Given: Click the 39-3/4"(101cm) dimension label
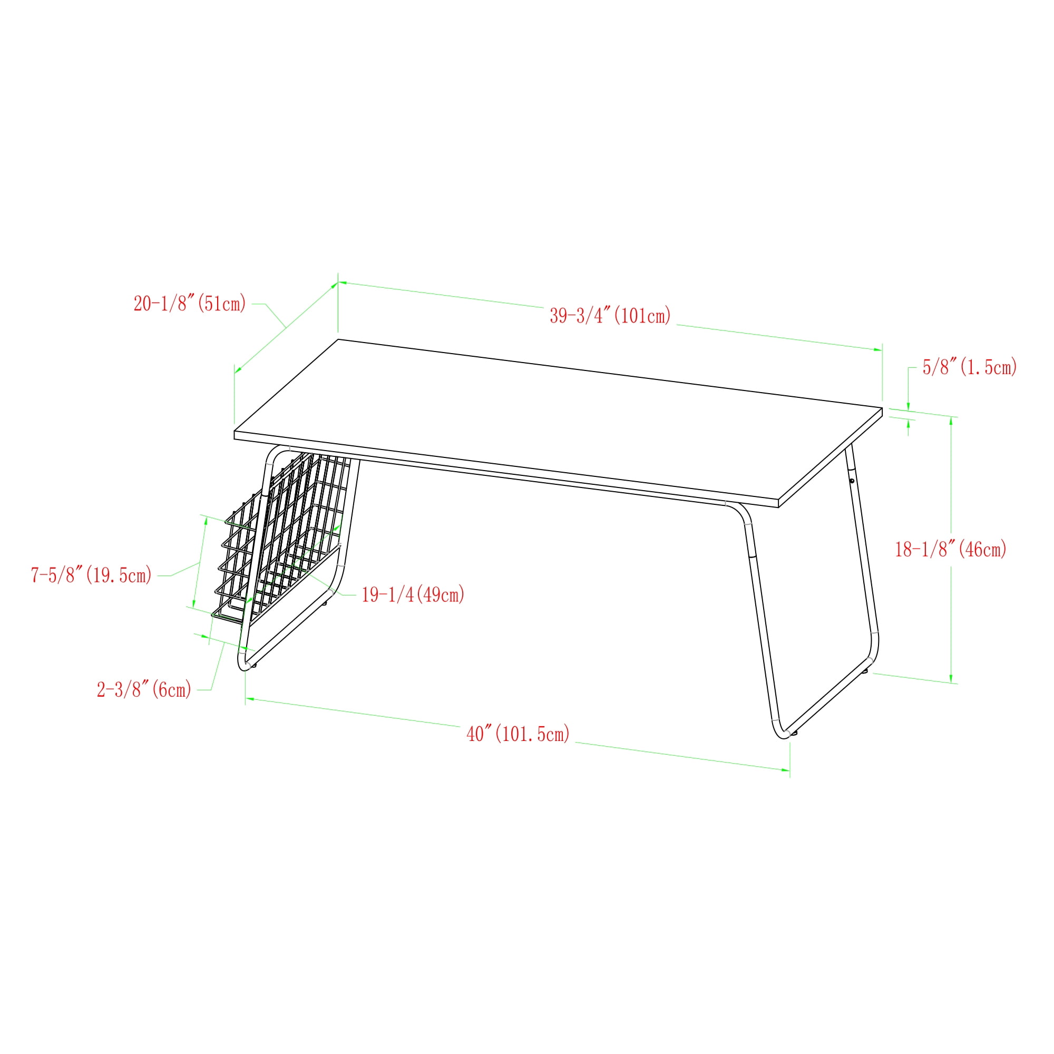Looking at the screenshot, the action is [x=610, y=316].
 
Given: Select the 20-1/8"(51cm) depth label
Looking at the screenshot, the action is [x=190, y=304].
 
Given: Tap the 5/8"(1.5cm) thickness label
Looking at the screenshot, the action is [x=970, y=367].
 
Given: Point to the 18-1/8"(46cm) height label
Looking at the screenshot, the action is [x=950, y=549].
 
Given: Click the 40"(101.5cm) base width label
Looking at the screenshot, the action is [x=518, y=734].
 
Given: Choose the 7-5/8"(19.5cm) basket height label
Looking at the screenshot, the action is [x=91, y=575].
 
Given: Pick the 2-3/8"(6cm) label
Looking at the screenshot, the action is [x=144, y=689].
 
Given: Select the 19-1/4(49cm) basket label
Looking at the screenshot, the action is [x=413, y=594].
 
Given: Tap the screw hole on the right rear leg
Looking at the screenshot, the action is [x=851, y=481].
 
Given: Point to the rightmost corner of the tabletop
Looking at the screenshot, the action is [x=882, y=408].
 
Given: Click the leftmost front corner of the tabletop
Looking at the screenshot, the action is [x=235, y=432].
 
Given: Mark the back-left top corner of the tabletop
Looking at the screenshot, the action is [x=338, y=339].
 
